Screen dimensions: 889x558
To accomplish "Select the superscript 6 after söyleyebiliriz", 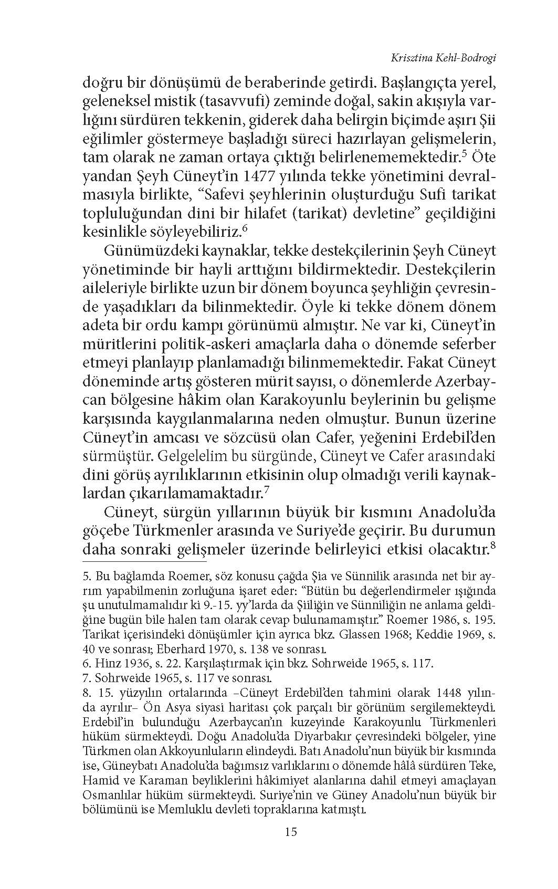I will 244,229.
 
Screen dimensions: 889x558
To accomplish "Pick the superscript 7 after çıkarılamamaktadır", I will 267,490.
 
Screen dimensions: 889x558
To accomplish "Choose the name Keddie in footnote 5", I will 429,635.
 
